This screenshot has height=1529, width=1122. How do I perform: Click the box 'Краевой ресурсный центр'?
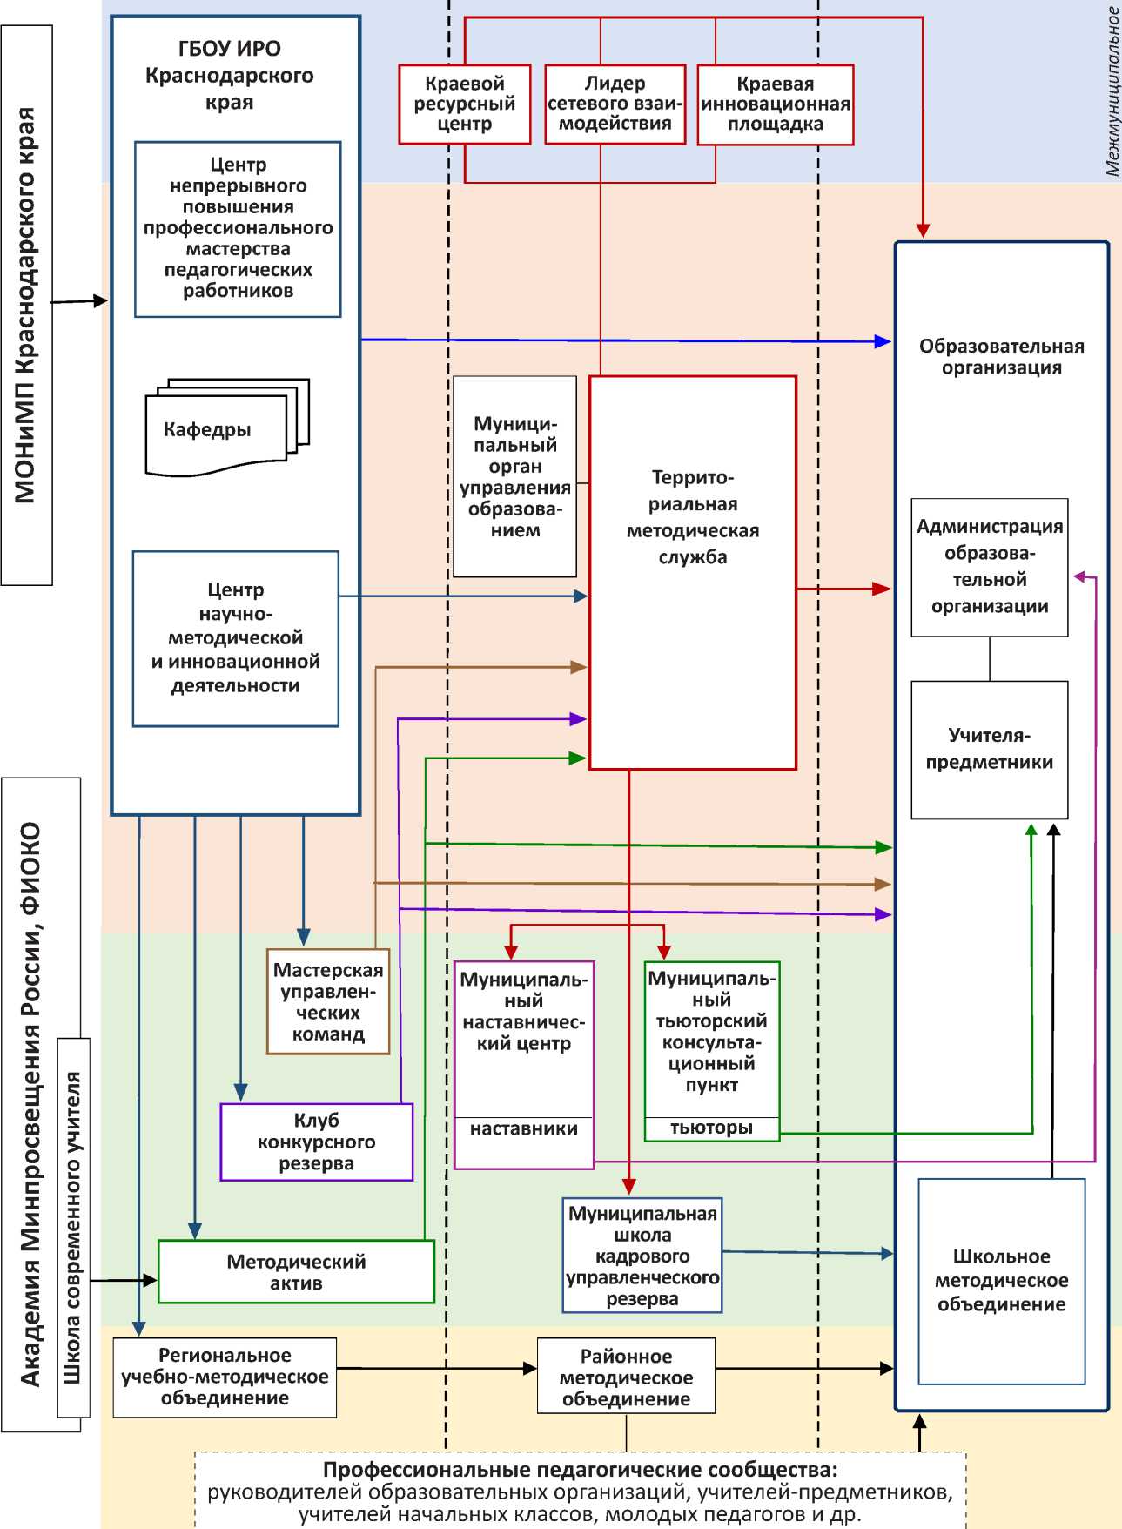pos(465,104)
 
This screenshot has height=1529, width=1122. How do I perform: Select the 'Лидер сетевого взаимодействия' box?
pos(615,104)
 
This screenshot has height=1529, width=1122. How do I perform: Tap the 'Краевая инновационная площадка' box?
pos(775,104)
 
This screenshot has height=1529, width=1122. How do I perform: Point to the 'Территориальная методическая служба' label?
pos(693,517)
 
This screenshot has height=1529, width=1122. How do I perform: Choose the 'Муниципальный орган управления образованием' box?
pos(514,476)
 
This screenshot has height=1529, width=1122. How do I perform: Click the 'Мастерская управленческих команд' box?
pos(328,1001)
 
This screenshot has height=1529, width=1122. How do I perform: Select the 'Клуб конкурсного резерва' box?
pos(316,1142)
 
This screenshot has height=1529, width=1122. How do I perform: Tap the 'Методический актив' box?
pos(296,1272)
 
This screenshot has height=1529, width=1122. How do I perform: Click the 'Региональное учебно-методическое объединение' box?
pos(225,1377)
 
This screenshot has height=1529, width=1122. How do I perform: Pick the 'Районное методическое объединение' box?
pos(626,1377)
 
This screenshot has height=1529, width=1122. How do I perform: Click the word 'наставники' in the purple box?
pos(524,1129)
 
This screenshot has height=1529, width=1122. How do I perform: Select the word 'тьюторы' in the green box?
pos(711,1128)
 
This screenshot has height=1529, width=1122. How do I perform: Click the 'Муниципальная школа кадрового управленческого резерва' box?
pos(642,1256)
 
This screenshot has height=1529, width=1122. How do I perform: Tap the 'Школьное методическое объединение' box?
pos(1001,1281)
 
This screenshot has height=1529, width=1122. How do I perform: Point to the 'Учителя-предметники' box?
pos(989,749)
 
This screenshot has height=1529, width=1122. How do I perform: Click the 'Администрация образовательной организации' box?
pos(989,567)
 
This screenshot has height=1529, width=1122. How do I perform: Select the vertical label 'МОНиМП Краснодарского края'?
pos(26,305)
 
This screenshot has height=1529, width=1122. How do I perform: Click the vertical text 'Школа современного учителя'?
pos(73,1228)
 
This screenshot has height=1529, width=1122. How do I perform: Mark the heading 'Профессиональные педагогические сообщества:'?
pos(580,1470)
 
